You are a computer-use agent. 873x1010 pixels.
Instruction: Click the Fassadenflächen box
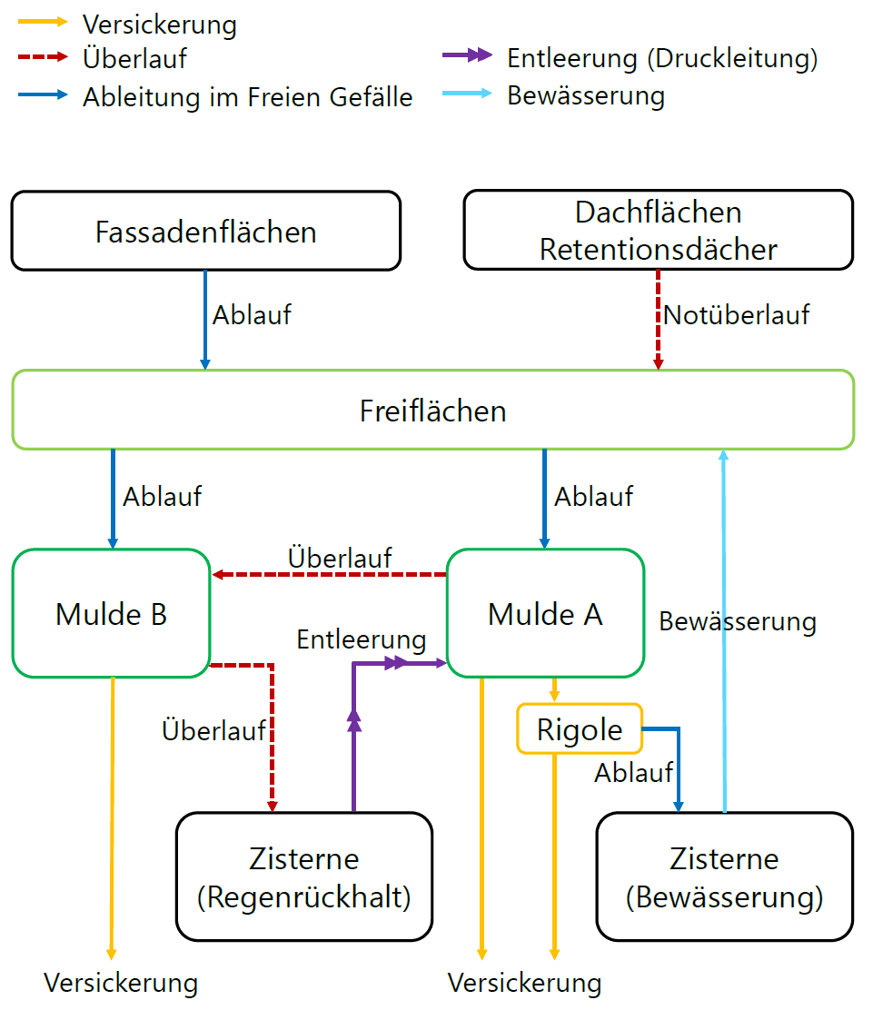point(205,231)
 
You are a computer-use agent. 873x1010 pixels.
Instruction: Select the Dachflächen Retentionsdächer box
point(658,231)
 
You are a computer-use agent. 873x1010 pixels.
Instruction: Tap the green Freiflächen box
point(432,411)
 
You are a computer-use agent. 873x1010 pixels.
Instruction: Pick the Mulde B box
point(111,614)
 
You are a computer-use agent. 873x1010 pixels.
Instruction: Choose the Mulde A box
point(545,614)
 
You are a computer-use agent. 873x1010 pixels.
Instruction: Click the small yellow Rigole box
point(580,729)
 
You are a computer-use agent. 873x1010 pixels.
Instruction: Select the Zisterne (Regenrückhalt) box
point(303,877)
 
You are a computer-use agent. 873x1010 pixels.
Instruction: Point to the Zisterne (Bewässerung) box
point(724,877)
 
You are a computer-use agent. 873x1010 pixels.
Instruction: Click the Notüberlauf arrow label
point(736,316)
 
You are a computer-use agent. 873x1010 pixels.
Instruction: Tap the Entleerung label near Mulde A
point(362,639)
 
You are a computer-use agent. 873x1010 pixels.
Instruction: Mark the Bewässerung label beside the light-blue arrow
point(738,622)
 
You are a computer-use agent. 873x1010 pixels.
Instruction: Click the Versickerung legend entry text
point(159,25)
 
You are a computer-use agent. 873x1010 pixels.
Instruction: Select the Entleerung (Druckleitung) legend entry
point(662,59)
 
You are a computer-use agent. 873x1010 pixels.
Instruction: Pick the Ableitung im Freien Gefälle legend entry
point(247,97)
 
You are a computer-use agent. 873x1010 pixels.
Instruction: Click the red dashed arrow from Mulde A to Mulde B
point(327,574)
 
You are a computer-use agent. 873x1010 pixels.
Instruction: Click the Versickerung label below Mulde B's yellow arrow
point(121,983)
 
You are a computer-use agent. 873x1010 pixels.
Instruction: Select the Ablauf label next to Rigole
point(633,773)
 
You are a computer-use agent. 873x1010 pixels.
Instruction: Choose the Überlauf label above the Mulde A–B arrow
point(340,557)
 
